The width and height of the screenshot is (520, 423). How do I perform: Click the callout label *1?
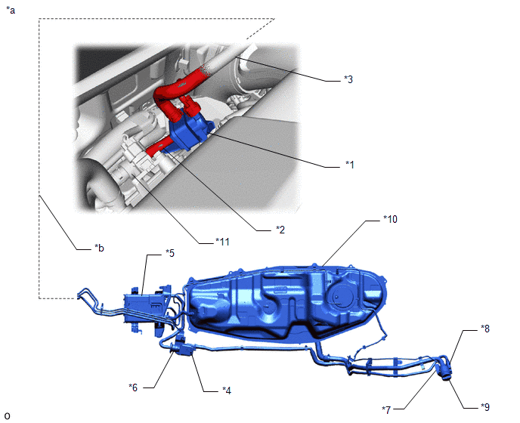coord(349,165)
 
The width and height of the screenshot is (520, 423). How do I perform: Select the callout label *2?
coord(280,230)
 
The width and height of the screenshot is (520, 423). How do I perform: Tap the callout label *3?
coord(348,79)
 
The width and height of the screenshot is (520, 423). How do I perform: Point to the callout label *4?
coord(227,391)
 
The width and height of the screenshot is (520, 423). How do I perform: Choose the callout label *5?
coord(170,253)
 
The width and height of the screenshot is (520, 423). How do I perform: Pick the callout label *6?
coord(133,387)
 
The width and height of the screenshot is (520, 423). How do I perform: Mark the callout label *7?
coord(386,410)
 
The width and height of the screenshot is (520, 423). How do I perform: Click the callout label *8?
coord(485,329)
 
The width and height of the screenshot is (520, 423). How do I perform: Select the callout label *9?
coord(485,407)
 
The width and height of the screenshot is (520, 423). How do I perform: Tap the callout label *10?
coord(390,219)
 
